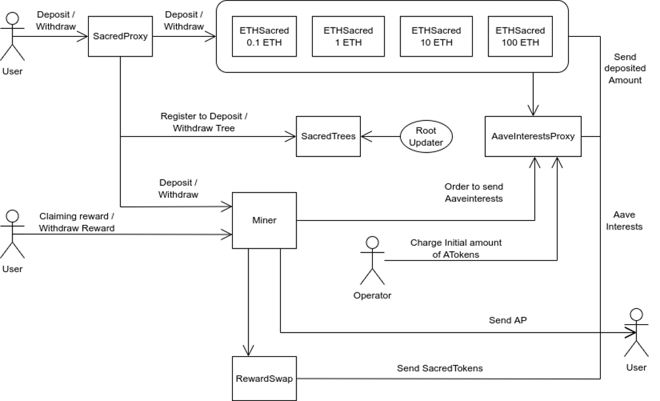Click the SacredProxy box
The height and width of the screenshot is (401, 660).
(120, 36)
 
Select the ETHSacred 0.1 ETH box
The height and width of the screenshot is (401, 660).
(264, 36)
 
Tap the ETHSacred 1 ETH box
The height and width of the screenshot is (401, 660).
(348, 36)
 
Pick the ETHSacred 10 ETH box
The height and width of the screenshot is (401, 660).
(436, 36)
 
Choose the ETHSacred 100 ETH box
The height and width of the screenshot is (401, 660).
(520, 36)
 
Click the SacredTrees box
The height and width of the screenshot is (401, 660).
(328, 136)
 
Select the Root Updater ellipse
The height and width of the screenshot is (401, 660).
(426, 136)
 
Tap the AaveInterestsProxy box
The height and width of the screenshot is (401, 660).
(533, 136)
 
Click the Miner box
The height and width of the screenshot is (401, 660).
(264, 220)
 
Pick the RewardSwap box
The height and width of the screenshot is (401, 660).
(264, 379)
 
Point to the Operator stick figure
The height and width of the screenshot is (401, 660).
(373, 260)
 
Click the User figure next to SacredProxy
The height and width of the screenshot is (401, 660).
(12, 37)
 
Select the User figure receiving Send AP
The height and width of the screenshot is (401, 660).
(636, 333)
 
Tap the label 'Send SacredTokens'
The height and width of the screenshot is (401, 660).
(440, 368)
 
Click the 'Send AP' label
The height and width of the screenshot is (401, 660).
(507, 320)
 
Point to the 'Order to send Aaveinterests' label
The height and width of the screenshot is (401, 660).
(473, 193)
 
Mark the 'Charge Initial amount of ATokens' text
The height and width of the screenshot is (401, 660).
(456, 248)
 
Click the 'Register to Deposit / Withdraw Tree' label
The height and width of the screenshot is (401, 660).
(204, 122)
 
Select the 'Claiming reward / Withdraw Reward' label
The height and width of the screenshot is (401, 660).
(77, 222)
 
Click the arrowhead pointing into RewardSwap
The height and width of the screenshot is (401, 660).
(248, 351)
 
